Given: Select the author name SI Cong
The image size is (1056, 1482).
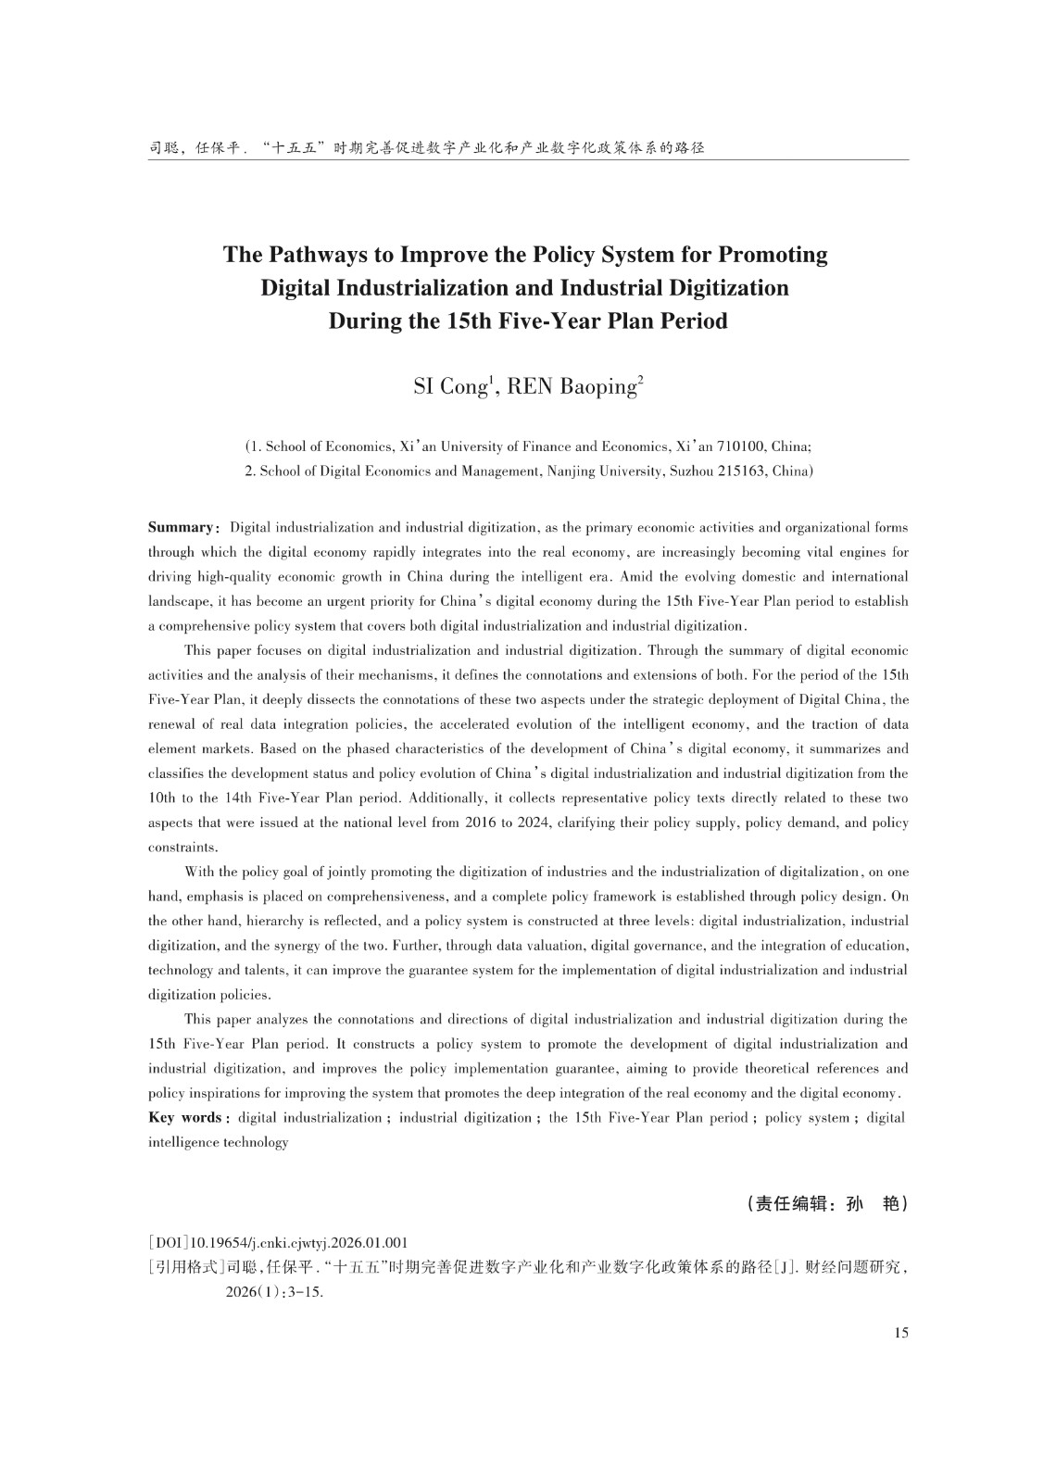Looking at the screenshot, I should (448, 386).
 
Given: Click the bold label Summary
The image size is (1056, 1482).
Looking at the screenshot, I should (181, 528).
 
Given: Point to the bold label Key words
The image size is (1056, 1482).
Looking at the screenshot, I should (184, 1118).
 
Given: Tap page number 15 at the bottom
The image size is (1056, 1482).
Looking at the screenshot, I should (901, 1333).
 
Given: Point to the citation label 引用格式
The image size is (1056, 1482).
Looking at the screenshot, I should (187, 1268).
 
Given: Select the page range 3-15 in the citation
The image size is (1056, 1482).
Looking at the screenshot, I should (305, 1292).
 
